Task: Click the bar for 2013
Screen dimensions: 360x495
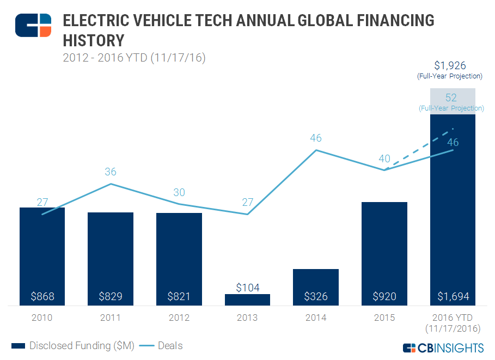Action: click(x=247, y=300)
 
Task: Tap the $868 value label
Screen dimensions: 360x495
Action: click(x=42, y=297)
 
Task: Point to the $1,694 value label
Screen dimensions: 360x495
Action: click(x=453, y=297)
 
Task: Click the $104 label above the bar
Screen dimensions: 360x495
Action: click(x=248, y=287)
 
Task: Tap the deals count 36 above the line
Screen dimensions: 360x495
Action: click(x=111, y=172)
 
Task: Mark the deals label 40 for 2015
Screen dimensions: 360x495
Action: click(x=384, y=158)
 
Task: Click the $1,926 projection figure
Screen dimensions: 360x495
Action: click(x=450, y=65)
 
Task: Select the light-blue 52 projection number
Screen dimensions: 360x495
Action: click(x=451, y=97)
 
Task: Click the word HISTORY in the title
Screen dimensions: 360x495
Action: click(x=94, y=40)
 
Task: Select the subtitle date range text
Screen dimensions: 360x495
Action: click(x=133, y=57)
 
